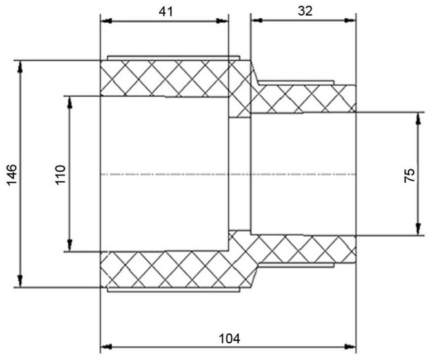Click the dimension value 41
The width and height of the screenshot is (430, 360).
(x=166, y=12)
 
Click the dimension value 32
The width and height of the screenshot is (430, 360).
(x=304, y=11)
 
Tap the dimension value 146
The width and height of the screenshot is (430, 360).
(x=12, y=175)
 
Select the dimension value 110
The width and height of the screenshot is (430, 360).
(x=61, y=175)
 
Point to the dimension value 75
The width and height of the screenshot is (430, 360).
(x=409, y=175)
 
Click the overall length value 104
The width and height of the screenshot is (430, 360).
(x=229, y=339)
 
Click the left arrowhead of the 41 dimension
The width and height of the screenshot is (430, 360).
(x=106, y=21)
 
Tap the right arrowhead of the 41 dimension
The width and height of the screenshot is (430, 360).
(x=222, y=21)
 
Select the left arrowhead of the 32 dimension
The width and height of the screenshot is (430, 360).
(x=257, y=20)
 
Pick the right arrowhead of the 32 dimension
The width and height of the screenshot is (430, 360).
(x=349, y=20)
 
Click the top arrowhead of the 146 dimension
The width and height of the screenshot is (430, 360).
(x=20, y=67)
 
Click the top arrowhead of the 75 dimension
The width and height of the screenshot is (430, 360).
(x=418, y=119)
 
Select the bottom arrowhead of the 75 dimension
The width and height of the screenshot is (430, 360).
(x=418, y=229)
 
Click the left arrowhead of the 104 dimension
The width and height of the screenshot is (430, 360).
(x=106, y=347)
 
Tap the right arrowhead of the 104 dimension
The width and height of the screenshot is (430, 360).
(x=349, y=347)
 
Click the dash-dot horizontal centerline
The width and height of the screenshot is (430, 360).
(x=228, y=174)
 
